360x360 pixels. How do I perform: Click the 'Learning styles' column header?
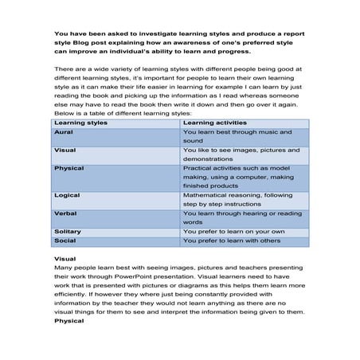(78, 123)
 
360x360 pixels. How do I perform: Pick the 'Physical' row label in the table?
(68, 169)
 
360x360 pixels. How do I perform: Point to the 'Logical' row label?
(67, 194)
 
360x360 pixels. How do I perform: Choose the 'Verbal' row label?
(65, 213)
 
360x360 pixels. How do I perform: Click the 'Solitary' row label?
(68, 231)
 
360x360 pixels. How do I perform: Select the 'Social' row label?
(65, 240)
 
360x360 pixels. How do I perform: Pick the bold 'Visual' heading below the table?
(65, 259)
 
